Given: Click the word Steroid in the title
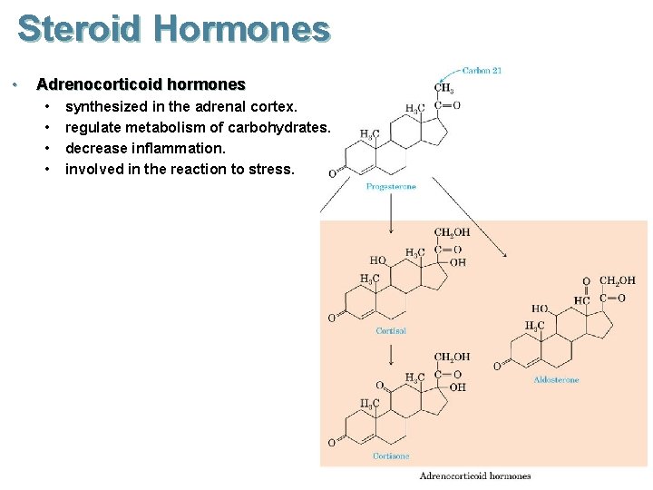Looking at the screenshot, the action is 80,29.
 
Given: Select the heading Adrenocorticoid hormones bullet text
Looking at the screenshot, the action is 141,84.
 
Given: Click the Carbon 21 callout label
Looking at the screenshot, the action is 482,70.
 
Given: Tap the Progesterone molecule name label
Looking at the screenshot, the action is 391,187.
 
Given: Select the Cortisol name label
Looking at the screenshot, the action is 391,331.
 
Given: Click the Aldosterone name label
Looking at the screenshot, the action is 556,380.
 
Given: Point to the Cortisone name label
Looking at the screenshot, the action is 391,456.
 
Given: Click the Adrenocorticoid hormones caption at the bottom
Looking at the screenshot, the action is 475,475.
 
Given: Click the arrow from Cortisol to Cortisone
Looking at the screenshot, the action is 391,350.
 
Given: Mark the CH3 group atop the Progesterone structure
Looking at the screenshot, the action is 443,88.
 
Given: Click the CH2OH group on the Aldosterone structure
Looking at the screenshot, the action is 618,281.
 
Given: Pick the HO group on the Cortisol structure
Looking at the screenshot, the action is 377,260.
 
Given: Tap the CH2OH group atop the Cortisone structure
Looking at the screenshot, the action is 451,357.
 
